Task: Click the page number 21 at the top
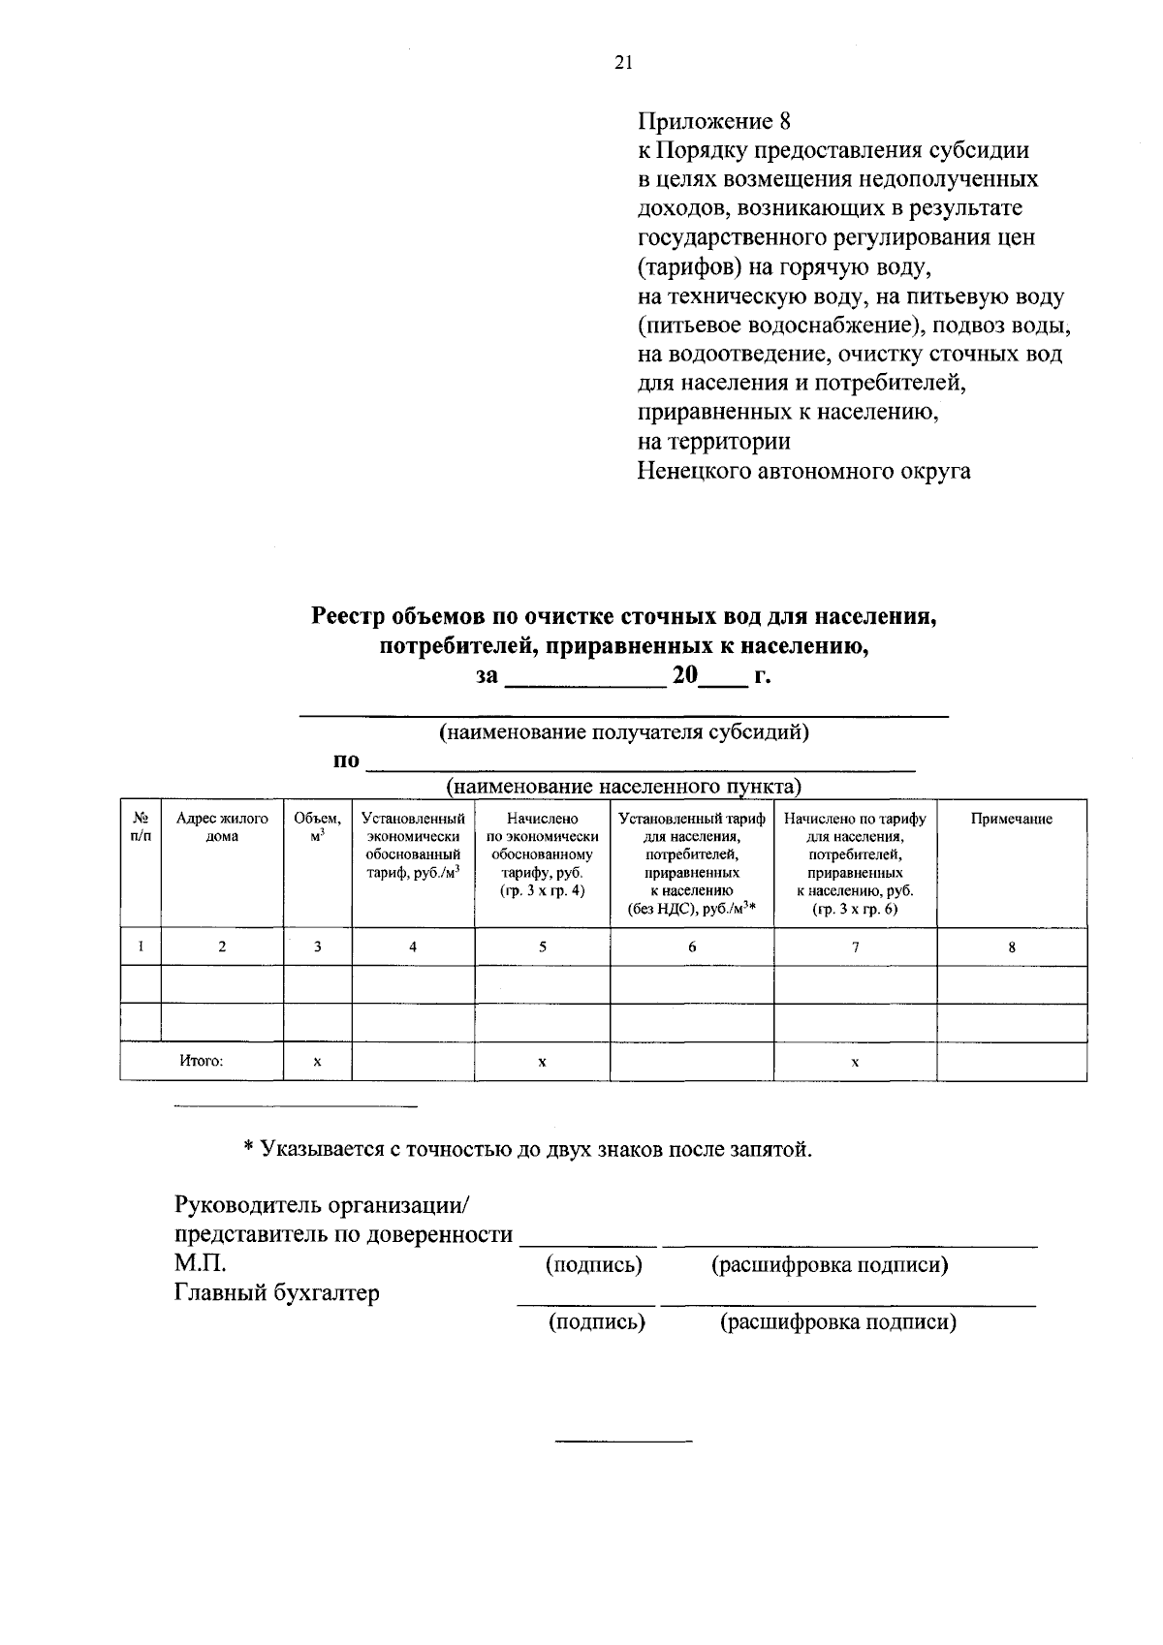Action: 623,63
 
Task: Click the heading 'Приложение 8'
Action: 714,121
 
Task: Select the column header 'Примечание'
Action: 1011,819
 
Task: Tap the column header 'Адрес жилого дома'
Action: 222,827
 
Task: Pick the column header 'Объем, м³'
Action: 317,826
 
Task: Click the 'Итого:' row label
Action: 202,1061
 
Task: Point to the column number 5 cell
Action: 542,947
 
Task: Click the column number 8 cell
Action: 1011,947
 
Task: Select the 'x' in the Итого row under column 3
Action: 317,1062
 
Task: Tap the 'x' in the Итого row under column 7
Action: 855,1062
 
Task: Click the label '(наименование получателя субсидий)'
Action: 624,731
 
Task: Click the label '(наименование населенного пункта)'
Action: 623,785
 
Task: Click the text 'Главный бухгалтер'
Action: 277,1292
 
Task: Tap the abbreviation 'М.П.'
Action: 201,1263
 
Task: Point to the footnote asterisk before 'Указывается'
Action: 248,1149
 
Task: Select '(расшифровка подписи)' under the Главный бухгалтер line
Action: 837,1321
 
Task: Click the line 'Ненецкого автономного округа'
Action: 803,472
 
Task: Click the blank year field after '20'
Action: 723,677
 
